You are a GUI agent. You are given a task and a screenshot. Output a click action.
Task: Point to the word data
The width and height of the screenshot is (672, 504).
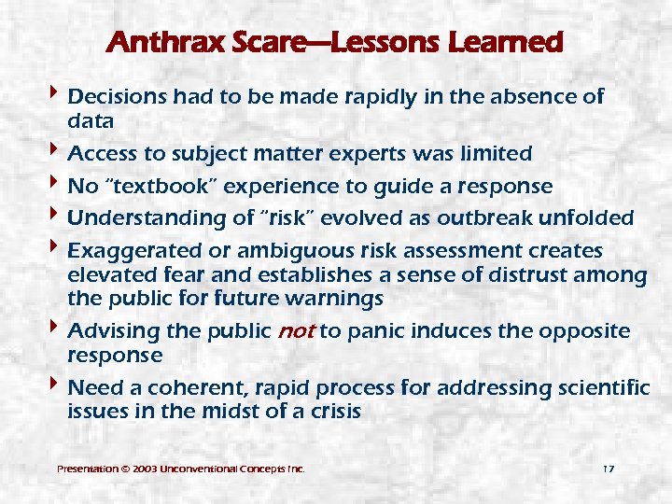pyautogui.click(x=91, y=120)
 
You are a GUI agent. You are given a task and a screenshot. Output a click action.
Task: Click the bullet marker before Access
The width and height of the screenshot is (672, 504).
pyautogui.click(x=58, y=152)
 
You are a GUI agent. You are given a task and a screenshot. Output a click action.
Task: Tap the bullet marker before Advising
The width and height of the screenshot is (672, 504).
pyautogui.click(x=58, y=330)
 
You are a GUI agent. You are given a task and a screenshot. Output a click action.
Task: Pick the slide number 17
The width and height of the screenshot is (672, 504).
pyautogui.click(x=608, y=468)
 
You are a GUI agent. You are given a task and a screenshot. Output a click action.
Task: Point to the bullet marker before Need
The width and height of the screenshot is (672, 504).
pyautogui.click(x=58, y=386)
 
